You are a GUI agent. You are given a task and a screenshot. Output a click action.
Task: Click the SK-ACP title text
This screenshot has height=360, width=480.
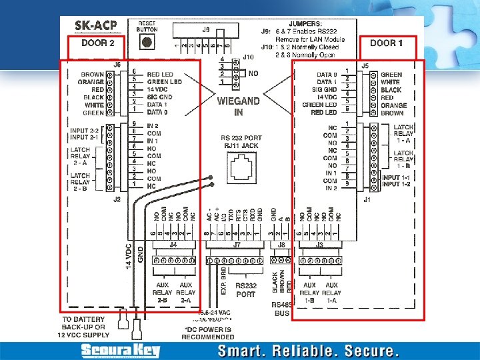pos(96,27)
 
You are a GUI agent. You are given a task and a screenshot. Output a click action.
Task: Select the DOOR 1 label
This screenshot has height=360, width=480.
pos(387,43)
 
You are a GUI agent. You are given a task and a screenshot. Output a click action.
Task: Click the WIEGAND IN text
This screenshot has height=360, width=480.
pos(238,107)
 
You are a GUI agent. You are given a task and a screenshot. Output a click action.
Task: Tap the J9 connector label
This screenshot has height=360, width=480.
pos(205,29)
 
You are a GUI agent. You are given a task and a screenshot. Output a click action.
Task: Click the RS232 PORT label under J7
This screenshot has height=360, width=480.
pos(245,289)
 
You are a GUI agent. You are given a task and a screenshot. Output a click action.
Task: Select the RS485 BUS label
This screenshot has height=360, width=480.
pos(283,309)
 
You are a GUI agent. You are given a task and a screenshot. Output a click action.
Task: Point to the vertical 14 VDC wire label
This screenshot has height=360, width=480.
pos(129,255)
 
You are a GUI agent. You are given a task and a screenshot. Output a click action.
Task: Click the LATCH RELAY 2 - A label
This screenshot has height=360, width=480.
pos(80,155)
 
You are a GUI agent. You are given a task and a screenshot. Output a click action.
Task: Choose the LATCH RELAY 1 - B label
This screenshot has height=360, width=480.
pos(403,159)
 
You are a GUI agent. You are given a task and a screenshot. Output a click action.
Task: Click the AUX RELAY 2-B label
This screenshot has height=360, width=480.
pos(163,293)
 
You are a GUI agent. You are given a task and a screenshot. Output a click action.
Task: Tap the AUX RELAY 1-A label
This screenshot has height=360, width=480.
pos(332,293)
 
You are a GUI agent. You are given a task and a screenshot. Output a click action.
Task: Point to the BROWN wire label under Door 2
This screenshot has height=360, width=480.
pos(93,74)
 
